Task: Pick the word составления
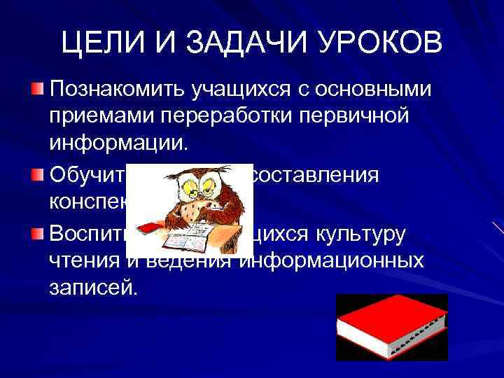314,176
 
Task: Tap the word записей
90,287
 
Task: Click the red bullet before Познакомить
38,89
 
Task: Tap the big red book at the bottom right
390,326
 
